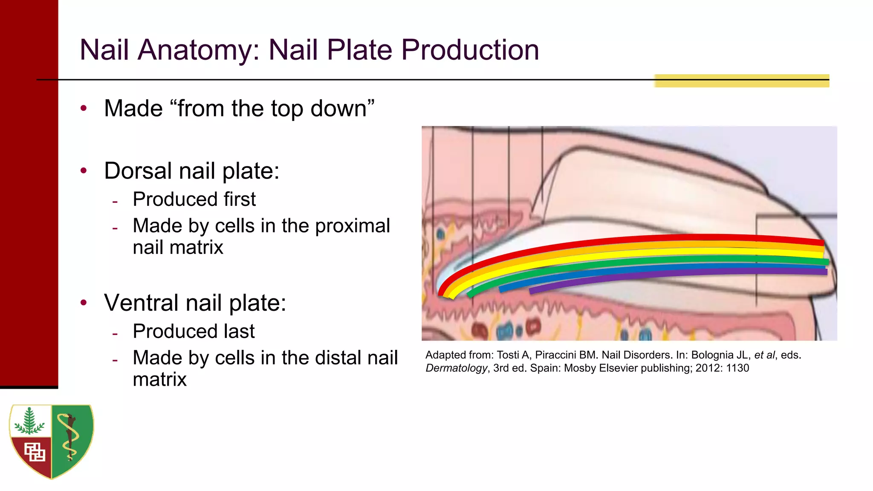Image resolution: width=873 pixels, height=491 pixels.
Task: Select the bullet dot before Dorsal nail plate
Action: coord(84,171)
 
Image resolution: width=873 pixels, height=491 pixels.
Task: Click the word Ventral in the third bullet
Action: coord(142,303)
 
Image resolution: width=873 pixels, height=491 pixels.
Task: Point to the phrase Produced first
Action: coord(194,199)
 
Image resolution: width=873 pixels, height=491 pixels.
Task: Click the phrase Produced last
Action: coord(194,332)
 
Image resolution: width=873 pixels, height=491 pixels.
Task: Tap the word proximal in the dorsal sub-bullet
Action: coord(352,226)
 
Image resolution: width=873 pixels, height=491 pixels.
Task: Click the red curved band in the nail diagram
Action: coord(639,239)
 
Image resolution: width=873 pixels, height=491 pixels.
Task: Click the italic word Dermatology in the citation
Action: coord(456,368)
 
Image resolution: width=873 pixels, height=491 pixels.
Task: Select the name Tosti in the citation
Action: coord(509,355)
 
